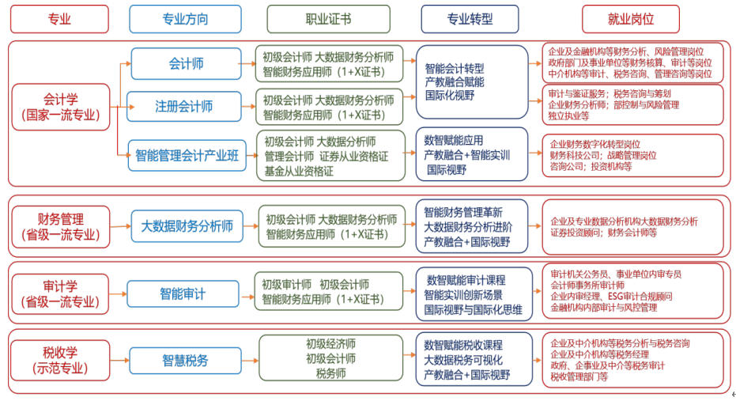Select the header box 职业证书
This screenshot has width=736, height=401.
(328, 19)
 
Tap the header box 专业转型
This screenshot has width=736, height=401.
(470, 19)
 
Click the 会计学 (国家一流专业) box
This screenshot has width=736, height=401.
(60, 107)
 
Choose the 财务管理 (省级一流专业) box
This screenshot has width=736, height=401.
(60, 226)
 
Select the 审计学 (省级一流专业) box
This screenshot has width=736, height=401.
(60, 293)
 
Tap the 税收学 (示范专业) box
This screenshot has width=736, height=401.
(60, 360)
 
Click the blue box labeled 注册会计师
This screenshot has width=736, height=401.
(183, 106)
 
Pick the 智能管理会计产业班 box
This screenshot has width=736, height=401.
(187, 155)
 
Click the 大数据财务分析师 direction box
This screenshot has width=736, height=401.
(187, 226)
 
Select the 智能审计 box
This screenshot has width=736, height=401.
(183, 293)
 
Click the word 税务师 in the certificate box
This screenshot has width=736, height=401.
(330, 373)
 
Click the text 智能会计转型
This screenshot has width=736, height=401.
(455, 68)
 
